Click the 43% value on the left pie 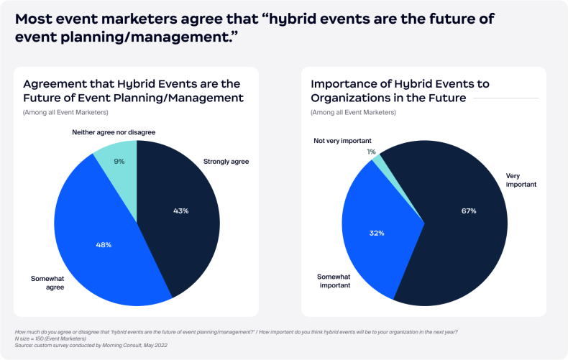181,211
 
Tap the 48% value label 104,244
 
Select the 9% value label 119,162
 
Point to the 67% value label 469,211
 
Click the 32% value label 377,233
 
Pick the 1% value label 371,152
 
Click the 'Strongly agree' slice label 226,162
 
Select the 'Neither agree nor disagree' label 114,132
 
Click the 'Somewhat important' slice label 334,280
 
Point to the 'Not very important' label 342,141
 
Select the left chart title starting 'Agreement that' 133,91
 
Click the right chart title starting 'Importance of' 400,91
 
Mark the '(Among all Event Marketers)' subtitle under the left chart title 65,112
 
